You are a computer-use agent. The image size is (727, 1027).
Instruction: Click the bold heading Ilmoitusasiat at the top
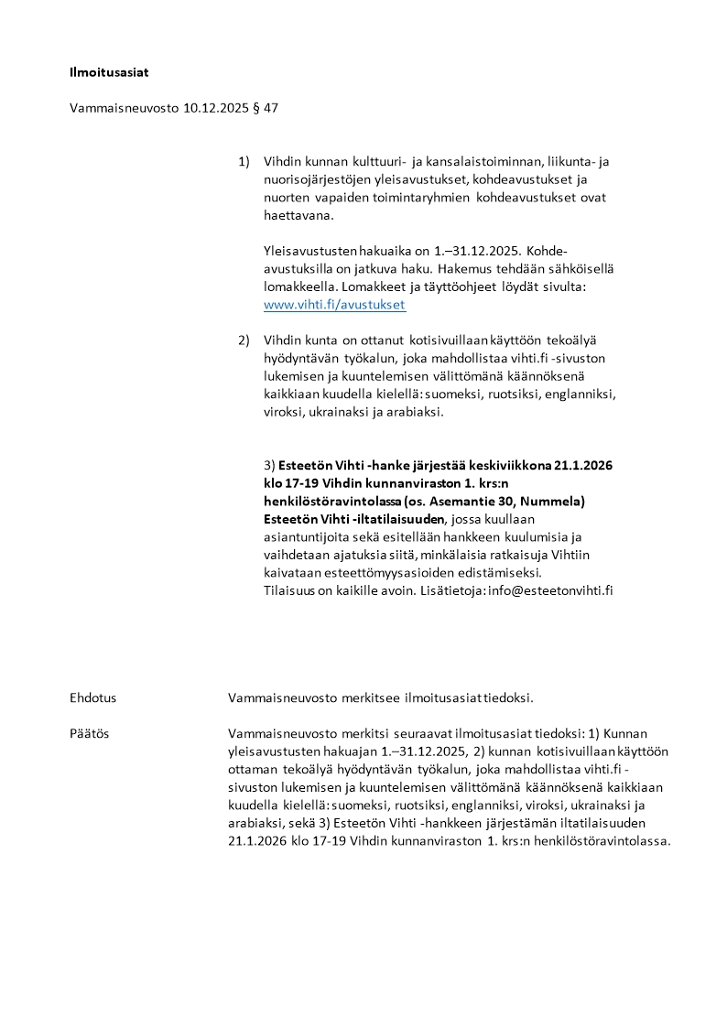(x=108, y=70)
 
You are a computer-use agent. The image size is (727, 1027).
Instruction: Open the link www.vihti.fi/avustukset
(x=334, y=305)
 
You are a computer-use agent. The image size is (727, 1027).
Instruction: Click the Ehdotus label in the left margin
(x=93, y=697)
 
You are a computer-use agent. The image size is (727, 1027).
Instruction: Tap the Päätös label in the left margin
(x=90, y=733)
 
